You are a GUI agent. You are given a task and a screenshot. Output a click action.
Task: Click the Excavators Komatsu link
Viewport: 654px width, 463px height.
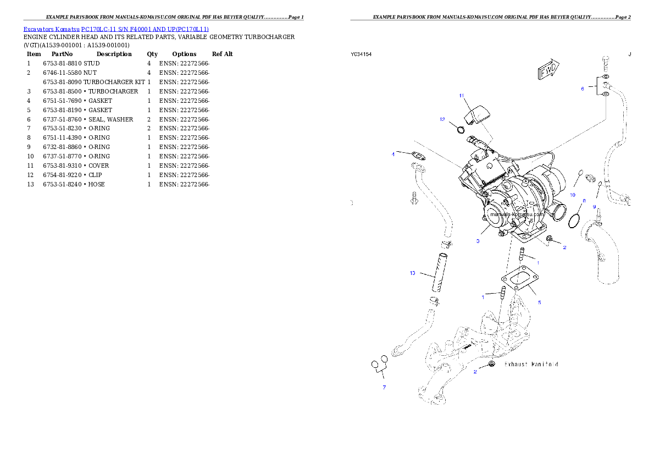pyautogui.click(x=51, y=29)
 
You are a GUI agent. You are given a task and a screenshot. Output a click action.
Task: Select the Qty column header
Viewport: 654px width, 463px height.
pyautogui.click(x=152, y=54)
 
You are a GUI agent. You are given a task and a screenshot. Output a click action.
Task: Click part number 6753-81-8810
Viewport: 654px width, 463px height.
pyautogui.click(x=63, y=63)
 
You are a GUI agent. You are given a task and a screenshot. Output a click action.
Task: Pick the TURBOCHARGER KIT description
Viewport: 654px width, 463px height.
pyautogui.click(x=114, y=82)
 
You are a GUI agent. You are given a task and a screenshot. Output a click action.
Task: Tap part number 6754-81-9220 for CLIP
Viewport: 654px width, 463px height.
pyautogui.click(x=63, y=175)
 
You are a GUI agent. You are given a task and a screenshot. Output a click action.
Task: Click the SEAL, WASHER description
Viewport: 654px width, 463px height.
pyautogui.click(x=110, y=119)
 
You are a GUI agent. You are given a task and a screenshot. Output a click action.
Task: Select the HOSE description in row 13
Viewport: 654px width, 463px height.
pyautogui.click(x=96, y=185)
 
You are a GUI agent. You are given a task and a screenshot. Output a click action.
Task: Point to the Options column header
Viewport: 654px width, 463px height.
pyautogui.click(x=184, y=54)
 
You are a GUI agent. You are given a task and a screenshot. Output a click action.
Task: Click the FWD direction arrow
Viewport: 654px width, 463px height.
pyautogui.click(x=548, y=69)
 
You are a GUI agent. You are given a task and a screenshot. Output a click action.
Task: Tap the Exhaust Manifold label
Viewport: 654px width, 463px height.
pyautogui.click(x=531, y=365)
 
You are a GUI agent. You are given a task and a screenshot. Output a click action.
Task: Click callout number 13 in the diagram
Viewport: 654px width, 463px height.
pyautogui.click(x=413, y=273)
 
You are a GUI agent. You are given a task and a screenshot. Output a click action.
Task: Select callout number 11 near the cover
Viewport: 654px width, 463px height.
pyautogui.click(x=461, y=96)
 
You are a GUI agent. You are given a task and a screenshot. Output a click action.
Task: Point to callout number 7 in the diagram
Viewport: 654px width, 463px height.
pyautogui.click(x=384, y=388)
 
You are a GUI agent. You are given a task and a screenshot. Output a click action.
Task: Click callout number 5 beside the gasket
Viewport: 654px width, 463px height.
pyautogui.click(x=539, y=302)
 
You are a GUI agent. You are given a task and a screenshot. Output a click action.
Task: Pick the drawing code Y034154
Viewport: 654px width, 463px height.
pyautogui.click(x=361, y=54)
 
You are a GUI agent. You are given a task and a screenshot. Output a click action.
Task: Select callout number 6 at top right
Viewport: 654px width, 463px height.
pyautogui.click(x=583, y=89)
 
